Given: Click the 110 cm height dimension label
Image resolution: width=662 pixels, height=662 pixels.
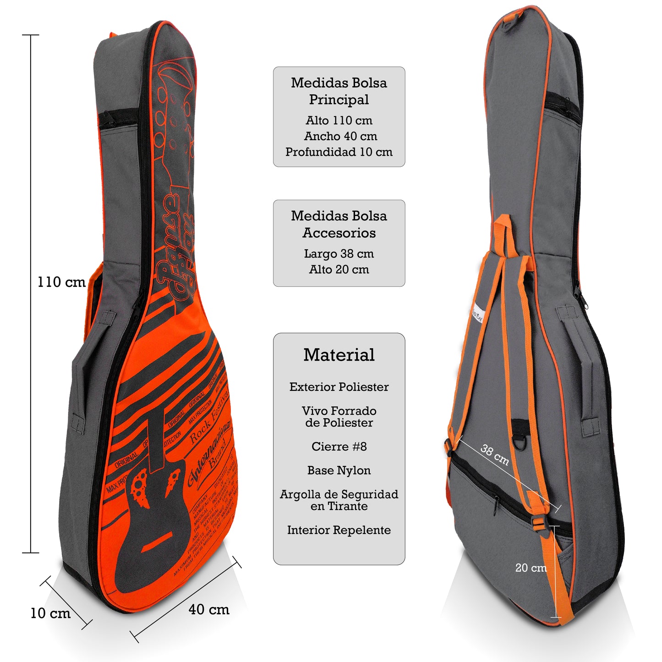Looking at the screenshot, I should coord(61,282).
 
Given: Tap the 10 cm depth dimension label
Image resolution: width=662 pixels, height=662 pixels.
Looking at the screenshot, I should coord(50,613).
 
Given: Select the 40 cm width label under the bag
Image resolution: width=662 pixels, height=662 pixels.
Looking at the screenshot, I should coord(209,610).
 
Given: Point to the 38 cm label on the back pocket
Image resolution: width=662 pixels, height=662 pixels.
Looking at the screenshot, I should coord(495,454).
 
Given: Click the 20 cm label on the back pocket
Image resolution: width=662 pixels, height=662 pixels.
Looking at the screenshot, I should coord(531,568).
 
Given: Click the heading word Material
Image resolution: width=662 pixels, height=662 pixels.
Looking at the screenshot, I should coord(339,355).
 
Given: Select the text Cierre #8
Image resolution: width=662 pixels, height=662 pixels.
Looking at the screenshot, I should coord(339,447).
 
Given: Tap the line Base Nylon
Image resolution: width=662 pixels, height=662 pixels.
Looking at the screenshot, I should coord(339,471).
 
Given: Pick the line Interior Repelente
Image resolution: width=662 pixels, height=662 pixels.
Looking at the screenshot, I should coord(339,530).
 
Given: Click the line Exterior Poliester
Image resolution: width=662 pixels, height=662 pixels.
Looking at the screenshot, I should coord(339,387).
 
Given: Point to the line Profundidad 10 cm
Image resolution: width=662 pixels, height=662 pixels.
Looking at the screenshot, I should coord(339,152).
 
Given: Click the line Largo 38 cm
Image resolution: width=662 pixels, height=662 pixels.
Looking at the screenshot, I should coord(339,254).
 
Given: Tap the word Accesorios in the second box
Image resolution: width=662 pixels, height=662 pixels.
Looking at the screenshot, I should coord(339,233).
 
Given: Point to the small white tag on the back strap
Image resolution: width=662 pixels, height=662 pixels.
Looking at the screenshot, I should coord(477,316).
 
